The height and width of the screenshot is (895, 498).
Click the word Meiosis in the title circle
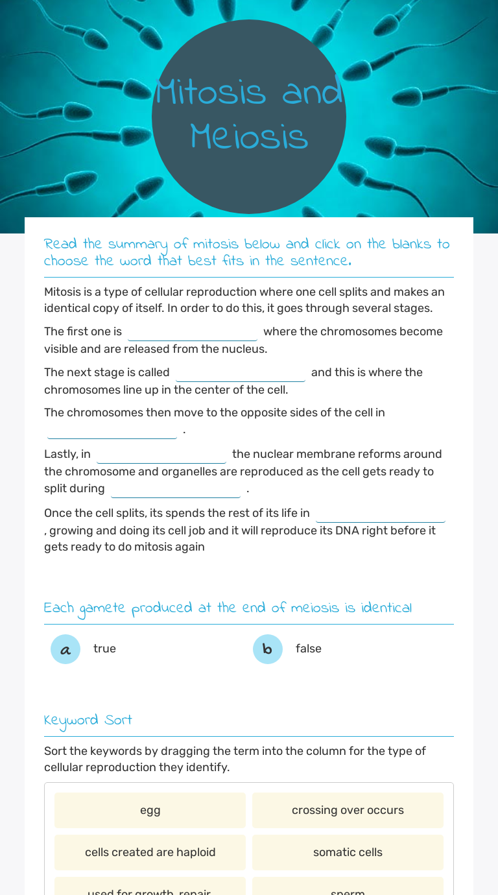249,137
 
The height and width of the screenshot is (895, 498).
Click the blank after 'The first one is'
193,332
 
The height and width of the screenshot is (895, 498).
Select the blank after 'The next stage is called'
241,373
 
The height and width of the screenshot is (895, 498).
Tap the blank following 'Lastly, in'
161,455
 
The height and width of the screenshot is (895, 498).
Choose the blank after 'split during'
176,489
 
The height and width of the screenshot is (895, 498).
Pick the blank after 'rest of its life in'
381,514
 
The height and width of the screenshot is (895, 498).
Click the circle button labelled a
65,649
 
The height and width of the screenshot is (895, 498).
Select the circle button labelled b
268,649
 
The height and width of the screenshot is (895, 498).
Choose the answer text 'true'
104,649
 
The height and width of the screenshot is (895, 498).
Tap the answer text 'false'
309,649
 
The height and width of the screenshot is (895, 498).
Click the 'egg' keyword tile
150,810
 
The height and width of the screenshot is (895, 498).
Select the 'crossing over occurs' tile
348,810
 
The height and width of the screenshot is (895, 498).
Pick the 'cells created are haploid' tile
150,852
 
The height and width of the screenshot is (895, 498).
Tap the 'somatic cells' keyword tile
348,852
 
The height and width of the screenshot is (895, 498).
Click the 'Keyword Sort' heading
88,720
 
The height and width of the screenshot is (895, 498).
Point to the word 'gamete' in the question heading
102,608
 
